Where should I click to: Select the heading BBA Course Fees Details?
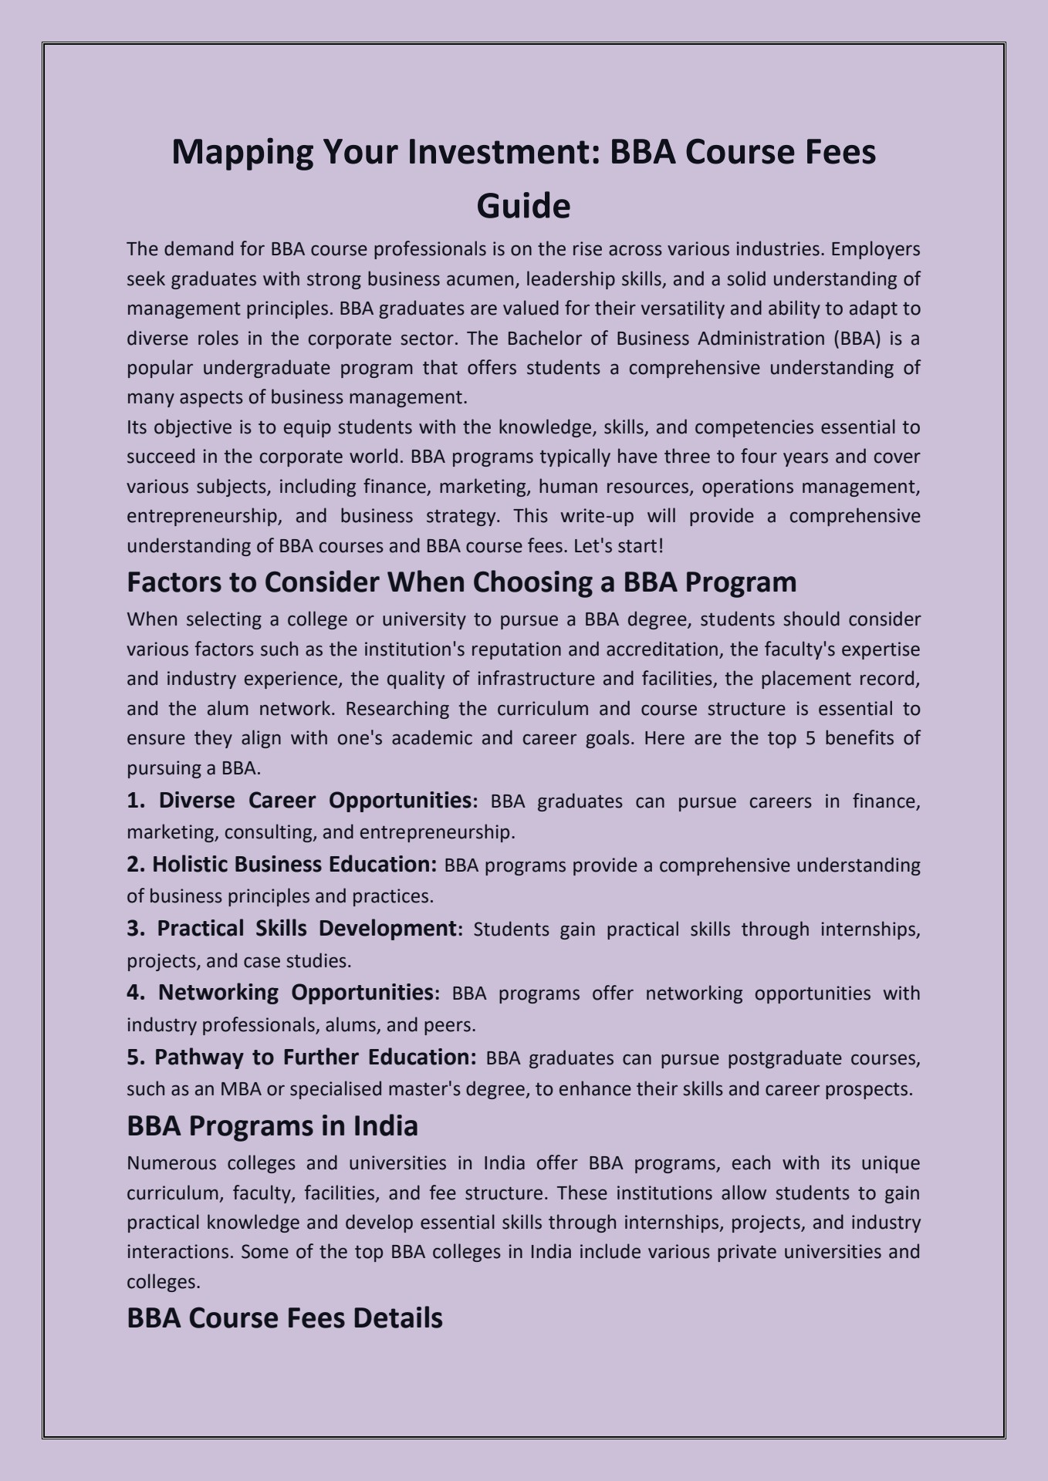284,1318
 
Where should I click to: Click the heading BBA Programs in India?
272,1126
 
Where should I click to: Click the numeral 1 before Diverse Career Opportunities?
134,801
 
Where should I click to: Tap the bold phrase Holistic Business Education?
294,865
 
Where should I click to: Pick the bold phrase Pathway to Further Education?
315,1057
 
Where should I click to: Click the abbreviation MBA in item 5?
240,1089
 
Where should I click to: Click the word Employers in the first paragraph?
876,249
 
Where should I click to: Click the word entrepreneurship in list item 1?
435,832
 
